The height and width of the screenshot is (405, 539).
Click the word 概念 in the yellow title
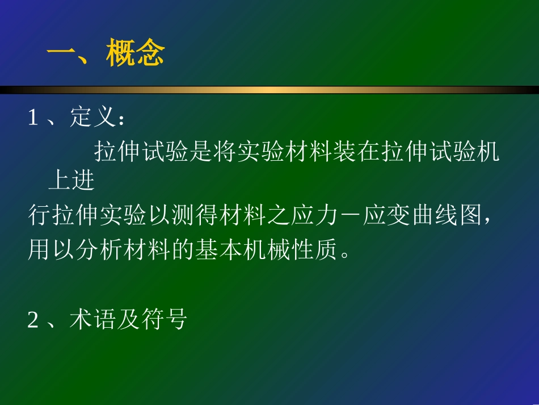point(135,55)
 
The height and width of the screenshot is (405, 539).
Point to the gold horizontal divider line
point(269,90)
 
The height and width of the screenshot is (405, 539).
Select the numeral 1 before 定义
point(33,118)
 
